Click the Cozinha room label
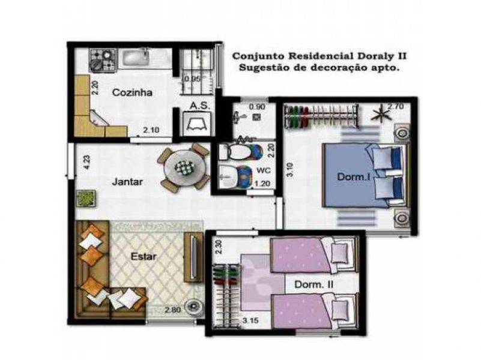(132, 93)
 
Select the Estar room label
(144, 256)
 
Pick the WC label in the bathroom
(263, 170)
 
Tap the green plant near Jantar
(85, 197)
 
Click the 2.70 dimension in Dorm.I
(395, 107)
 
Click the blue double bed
(360, 174)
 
